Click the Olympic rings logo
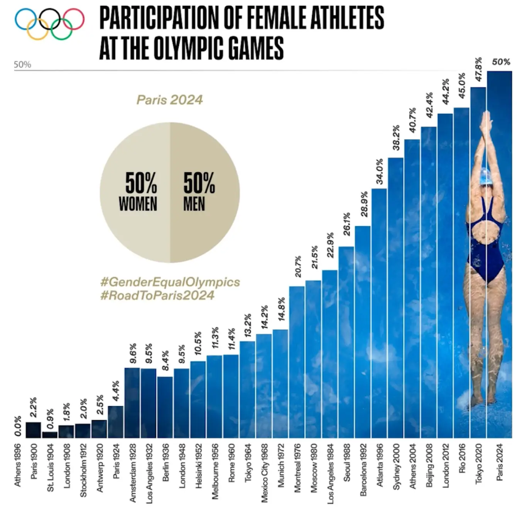click(x=49, y=23)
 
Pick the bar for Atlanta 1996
click(x=379, y=313)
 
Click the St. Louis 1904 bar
click(x=49, y=434)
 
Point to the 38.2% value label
click(x=396, y=138)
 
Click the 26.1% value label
click(x=346, y=224)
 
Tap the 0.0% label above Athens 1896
click(x=18, y=426)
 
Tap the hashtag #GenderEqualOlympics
click(x=170, y=282)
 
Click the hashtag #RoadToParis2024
click(x=157, y=295)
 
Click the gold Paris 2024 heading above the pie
click(x=169, y=100)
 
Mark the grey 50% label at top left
click(x=22, y=64)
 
